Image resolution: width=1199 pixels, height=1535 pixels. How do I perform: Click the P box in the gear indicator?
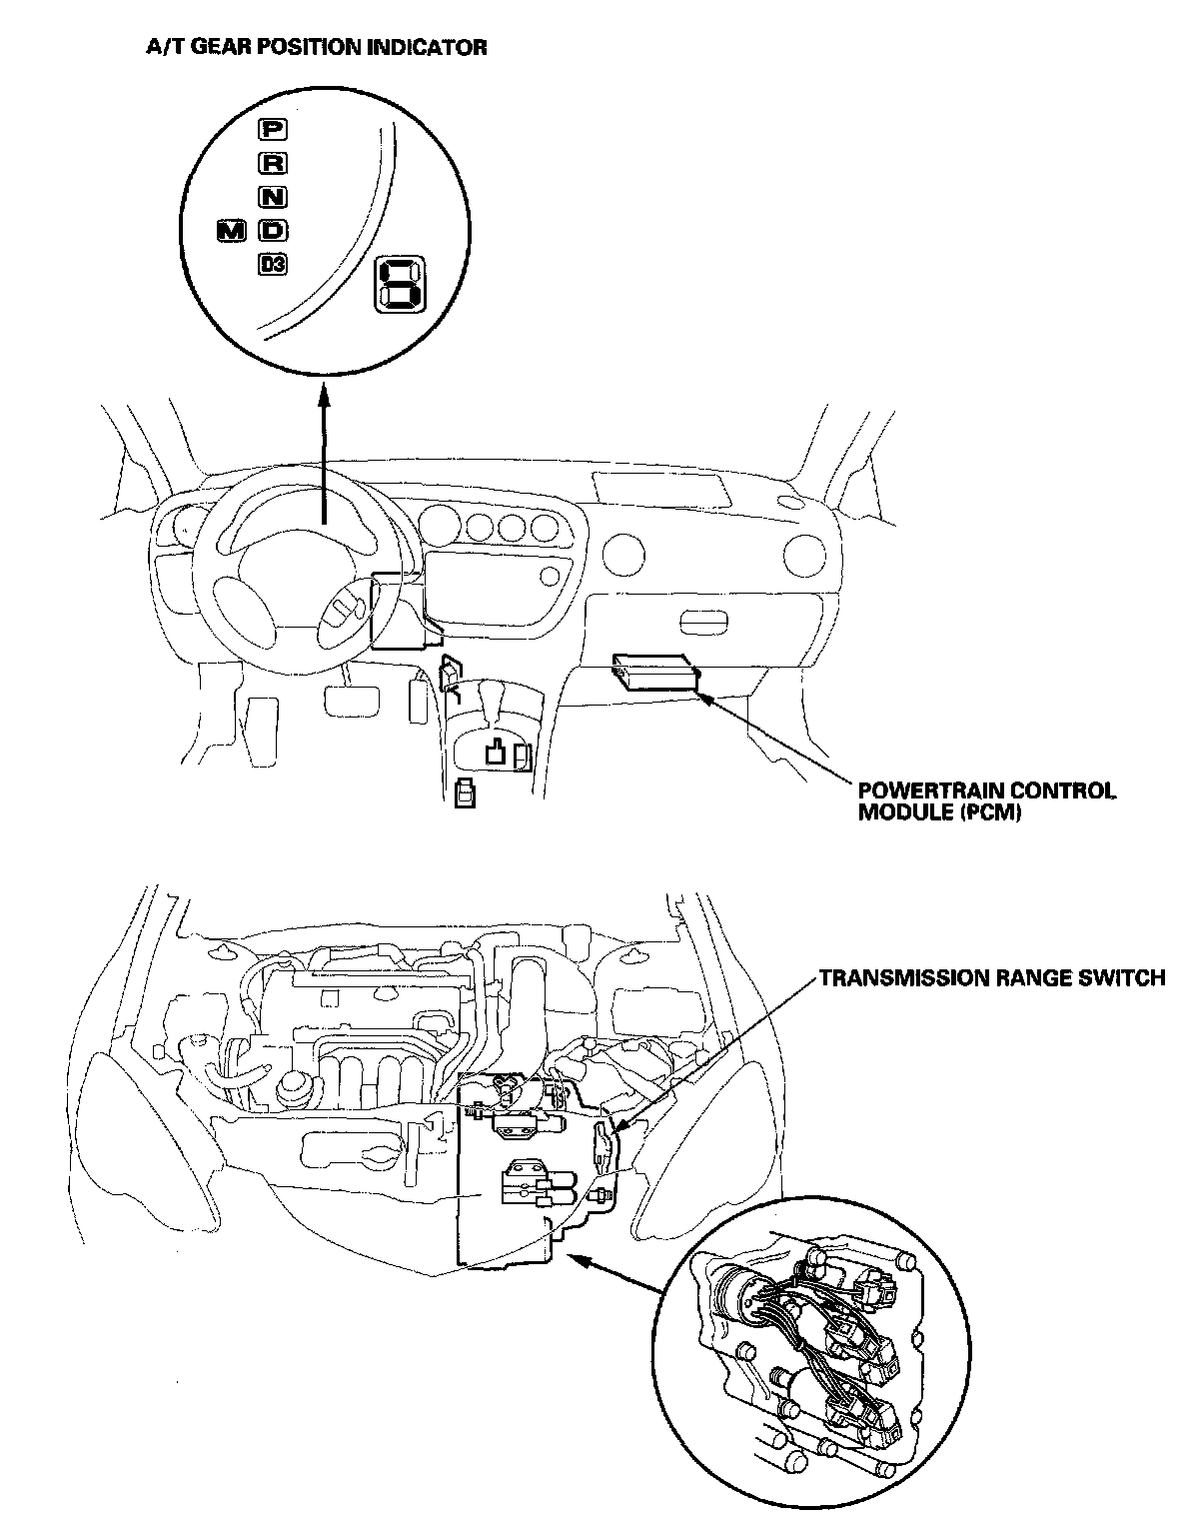(272, 129)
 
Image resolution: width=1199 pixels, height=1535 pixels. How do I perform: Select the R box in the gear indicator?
(272, 163)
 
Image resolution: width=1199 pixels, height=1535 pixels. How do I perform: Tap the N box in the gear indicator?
(272, 197)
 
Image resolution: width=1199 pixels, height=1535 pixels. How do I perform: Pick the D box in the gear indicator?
(272, 231)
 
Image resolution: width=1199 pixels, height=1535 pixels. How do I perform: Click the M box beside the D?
(231, 231)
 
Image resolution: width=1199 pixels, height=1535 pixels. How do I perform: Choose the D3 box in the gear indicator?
(272, 265)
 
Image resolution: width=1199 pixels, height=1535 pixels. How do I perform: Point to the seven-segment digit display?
(399, 283)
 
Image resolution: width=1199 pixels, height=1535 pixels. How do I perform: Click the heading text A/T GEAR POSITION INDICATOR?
(316, 47)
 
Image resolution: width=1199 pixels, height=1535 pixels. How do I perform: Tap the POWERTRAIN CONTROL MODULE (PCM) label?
(987, 801)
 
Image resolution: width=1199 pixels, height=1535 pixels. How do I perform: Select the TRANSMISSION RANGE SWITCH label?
(991, 978)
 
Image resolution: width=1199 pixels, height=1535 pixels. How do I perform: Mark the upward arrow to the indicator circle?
(324, 452)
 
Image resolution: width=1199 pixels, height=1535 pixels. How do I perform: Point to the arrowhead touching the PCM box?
(704, 698)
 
